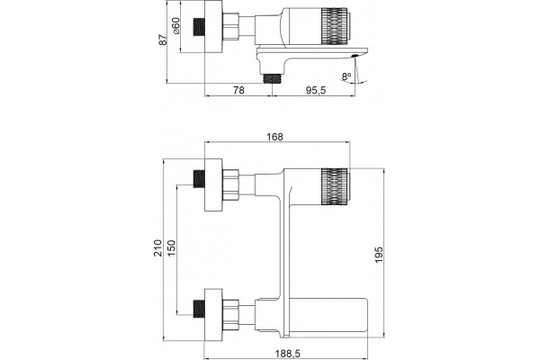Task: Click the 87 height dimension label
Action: (163, 40)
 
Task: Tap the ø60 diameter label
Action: (175, 26)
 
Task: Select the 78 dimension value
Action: (238, 90)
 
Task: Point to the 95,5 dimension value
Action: (316, 90)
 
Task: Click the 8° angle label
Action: (346, 76)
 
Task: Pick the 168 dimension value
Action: (274, 137)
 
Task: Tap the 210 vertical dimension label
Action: (157, 248)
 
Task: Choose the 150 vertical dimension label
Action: (171, 248)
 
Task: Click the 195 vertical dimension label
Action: (379, 255)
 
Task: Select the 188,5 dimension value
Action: (288, 354)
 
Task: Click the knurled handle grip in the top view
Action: (334, 26)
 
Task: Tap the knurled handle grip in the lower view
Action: (334, 186)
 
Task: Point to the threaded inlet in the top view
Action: (199, 27)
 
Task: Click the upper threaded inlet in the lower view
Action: (199, 179)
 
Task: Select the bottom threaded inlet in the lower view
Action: (199, 309)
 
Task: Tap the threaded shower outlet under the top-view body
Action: (273, 79)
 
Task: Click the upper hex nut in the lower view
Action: (230, 184)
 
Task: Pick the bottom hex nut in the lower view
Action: (230, 314)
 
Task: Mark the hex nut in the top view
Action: (230, 26)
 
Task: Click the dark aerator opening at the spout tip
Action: (355, 56)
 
